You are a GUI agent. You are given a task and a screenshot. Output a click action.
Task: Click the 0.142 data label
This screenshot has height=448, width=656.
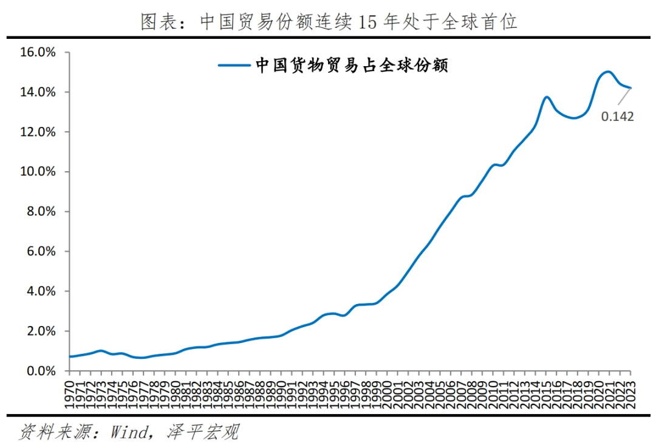[x=617, y=116]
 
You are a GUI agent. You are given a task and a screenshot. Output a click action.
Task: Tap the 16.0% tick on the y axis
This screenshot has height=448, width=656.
[x=38, y=53]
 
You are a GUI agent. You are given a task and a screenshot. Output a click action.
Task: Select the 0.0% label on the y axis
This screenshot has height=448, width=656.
[x=40, y=371]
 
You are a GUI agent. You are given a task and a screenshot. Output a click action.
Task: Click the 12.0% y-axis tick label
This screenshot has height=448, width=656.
[x=38, y=132]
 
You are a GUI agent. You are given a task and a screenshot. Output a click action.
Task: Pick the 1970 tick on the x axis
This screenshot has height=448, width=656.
[x=70, y=393]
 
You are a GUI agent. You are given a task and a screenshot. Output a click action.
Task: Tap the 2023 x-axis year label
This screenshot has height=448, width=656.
[x=630, y=393]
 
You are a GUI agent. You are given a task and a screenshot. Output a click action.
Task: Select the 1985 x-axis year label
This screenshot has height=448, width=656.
[x=228, y=393]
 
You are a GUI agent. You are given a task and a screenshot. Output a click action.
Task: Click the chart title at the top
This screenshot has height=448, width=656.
[x=329, y=22]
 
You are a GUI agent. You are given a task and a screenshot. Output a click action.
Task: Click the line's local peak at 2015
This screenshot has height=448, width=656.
[x=547, y=97]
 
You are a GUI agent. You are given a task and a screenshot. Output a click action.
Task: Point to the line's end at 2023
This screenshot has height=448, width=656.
[x=630, y=88]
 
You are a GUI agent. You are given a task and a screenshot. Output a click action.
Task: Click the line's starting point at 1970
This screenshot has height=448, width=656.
[x=70, y=356]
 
